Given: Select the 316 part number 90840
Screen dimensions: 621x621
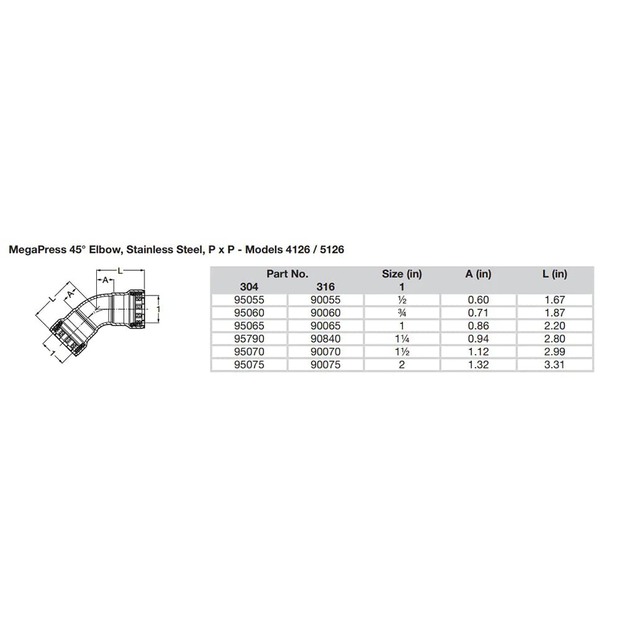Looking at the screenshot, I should click(x=325, y=339).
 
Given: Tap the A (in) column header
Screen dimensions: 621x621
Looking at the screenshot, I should click(x=478, y=274).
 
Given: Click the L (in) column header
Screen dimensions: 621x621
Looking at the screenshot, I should click(x=554, y=274).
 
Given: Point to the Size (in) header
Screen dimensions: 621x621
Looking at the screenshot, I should click(x=402, y=274).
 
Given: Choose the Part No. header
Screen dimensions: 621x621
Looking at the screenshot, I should click(x=288, y=274).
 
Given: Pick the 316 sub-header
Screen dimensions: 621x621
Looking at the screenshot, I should click(x=325, y=287).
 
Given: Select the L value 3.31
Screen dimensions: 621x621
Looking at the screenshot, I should click(x=555, y=365).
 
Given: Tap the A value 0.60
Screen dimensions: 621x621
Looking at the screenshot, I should click(x=479, y=299).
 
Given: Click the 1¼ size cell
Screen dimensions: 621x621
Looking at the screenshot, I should click(x=402, y=339).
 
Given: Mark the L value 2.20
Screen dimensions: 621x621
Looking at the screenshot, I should click(x=555, y=326).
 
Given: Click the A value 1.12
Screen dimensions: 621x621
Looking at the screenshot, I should click(x=479, y=352).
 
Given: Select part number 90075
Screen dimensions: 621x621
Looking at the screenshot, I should click(x=325, y=365).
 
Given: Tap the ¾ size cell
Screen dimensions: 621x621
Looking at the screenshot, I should click(x=402, y=313).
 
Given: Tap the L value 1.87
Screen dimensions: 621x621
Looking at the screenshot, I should click(x=555, y=313).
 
